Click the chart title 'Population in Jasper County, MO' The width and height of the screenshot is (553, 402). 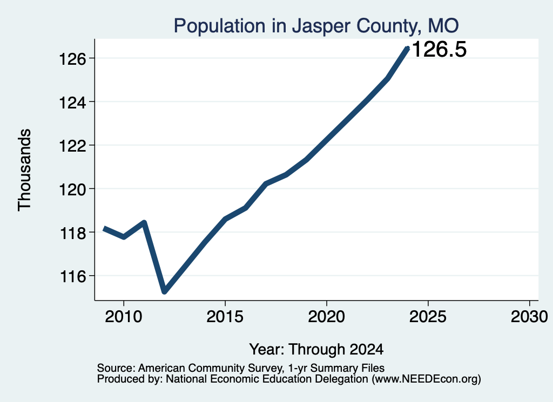(x=316, y=26)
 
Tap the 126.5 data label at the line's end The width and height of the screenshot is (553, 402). (x=439, y=49)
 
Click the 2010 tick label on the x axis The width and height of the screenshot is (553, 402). (x=124, y=316)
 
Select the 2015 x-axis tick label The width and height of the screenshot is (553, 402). (x=225, y=316)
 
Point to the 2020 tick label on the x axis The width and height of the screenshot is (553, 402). (x=327, y=316)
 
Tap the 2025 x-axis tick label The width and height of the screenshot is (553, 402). (x=428, y=316)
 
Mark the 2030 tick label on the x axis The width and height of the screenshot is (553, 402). (x=529, y=316)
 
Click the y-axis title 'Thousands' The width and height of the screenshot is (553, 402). (x=24, y=170)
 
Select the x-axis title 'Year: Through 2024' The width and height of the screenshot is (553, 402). (x=316, y=350)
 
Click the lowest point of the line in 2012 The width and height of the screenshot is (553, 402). (x=164, y=291)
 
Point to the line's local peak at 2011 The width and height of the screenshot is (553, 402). (x=144, y=222)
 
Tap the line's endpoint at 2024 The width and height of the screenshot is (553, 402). (x=408, y=48)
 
